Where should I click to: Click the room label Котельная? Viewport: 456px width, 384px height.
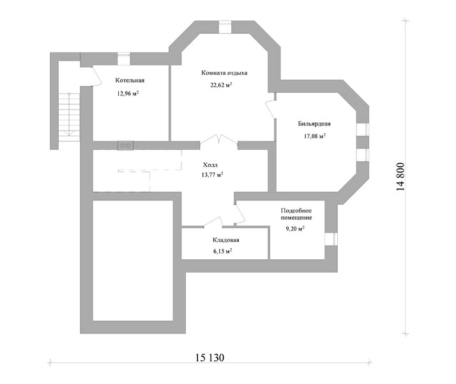click(130, 81)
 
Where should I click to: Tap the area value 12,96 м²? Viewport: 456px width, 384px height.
click(128, 93)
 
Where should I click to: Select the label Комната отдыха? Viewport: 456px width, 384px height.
click(224, 73)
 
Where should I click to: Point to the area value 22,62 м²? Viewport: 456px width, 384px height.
click(221, 85)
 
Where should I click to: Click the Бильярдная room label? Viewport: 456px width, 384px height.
click(314, 124)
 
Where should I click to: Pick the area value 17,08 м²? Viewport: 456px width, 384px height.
click(315, 136)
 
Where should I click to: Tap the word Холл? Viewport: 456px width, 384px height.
click(210, 165)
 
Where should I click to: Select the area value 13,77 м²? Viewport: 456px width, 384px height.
click(212, 175)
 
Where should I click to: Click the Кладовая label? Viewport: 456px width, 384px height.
click(225, 240)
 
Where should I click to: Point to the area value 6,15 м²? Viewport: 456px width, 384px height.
click(222, 251)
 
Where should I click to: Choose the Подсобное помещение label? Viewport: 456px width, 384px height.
click(296, 214)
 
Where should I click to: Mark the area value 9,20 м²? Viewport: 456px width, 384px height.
click(295, 228)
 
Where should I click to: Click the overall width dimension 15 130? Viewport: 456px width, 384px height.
click(209, 358)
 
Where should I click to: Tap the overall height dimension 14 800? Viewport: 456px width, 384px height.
click(400, 177)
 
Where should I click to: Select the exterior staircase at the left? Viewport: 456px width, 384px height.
click(69, 117)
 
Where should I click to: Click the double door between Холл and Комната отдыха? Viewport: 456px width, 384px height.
click(218, 140)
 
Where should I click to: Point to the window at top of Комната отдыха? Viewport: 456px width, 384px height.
click(225, 27)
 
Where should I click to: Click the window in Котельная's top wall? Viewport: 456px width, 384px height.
click(124, 59)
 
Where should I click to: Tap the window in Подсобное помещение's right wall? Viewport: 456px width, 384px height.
click(331, 239)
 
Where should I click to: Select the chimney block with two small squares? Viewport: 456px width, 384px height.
click(126, 145)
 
